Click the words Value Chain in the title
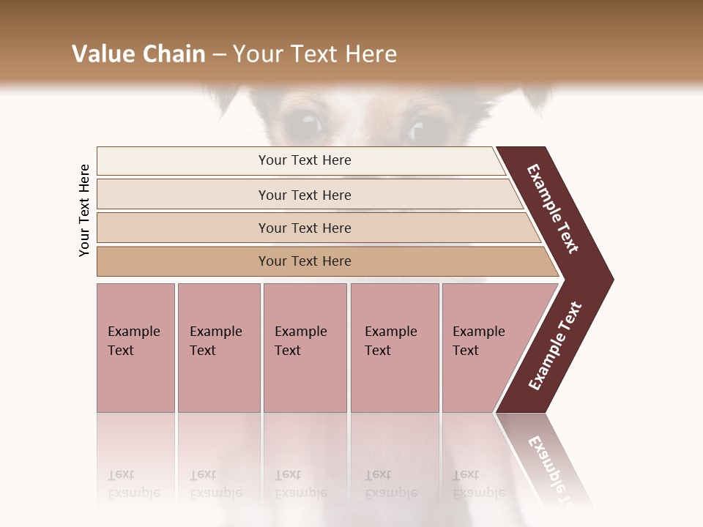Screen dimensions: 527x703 tap(138, 54)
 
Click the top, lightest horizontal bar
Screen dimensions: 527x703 tap(183, 160)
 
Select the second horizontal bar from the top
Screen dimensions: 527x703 tap(183, 195)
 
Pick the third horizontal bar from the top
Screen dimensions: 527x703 tap(183, 228)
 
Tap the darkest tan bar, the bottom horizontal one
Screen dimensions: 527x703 tap(183, 261)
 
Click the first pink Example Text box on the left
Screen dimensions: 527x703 tap(135, 381)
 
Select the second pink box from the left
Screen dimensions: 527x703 tap(218, 381)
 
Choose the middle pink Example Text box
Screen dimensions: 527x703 tap(305, 381)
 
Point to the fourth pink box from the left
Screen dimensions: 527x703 tap(395, 381)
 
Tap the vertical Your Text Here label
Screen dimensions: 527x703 tap(84, 211)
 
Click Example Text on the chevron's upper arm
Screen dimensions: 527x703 tap(553, 209)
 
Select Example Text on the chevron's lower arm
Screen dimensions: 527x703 tap(555, 346)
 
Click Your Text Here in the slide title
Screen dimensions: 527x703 tap(315, 54)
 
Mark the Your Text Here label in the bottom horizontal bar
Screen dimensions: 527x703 tap(305, 261)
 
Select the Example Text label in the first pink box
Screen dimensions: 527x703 tap(133, 341)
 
